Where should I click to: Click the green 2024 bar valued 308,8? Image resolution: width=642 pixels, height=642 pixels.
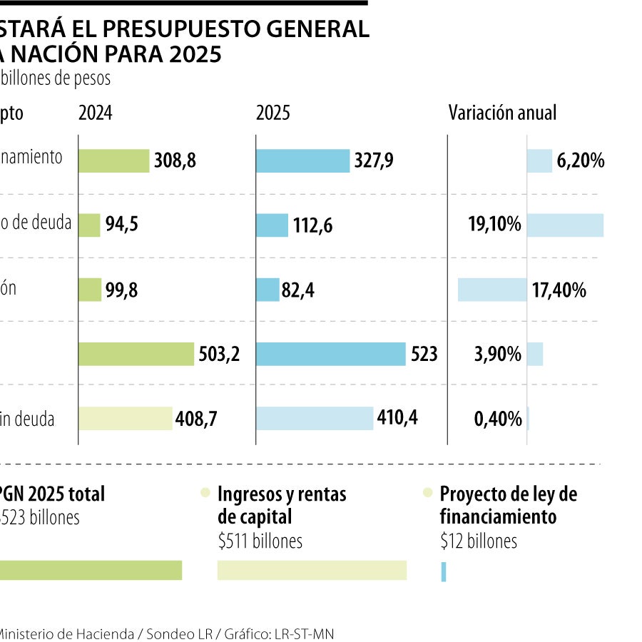(x=113, y=160)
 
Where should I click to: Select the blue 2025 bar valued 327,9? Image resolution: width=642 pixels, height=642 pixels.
(x=302, y=160)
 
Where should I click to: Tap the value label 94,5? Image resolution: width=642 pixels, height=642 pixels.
(x=121, y=226)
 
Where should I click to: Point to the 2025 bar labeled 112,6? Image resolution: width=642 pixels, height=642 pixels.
(x=272, y=225)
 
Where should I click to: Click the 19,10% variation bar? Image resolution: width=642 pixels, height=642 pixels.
(x=565, y=225)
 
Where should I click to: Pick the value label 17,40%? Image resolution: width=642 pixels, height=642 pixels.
(x=559, y=290)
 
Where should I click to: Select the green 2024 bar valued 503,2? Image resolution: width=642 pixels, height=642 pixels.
(x=136, y=354)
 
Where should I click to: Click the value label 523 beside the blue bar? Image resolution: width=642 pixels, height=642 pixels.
(x=424, y=355)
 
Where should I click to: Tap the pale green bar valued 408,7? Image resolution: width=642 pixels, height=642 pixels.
(x=126, y=419)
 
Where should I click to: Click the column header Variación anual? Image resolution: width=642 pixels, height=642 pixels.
(x=502, y=113)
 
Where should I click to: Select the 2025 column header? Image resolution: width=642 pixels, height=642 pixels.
(x=272, y=113)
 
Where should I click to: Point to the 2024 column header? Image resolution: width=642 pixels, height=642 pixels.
(x=95, y=113)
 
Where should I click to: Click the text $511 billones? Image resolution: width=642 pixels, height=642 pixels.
(x=260, y=541)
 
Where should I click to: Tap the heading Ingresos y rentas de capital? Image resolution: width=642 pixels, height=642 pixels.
(x=281, y=504)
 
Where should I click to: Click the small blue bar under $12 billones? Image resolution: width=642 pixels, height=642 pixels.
(x=444, y=571)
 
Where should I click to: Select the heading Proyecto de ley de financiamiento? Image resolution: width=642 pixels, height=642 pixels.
(x=508, y=504)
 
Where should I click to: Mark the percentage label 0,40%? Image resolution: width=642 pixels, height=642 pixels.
(x=498, y=419)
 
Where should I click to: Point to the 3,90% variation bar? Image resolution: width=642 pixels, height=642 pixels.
(x=535, y=355)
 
